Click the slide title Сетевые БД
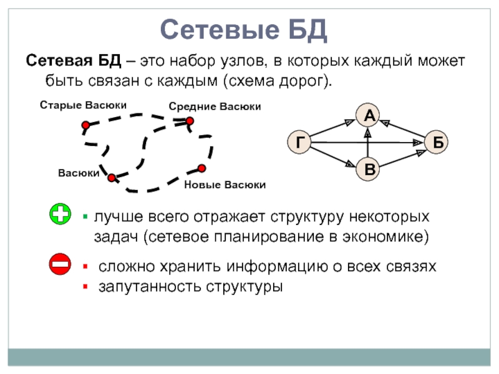[x=243, y=29]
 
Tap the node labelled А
[x=369, y=115]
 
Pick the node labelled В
[x=369, y=170]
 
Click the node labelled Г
[x=300, y=143]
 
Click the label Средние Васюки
[x=215, y=107]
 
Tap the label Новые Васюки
[x=225, y=185]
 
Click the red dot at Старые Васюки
[x=85, y=125]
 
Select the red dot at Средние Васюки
[x=190, y=121]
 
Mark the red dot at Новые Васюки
[x=201, y=168]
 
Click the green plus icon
[x=60, y=216]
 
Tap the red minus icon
[x=60, y=265]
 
